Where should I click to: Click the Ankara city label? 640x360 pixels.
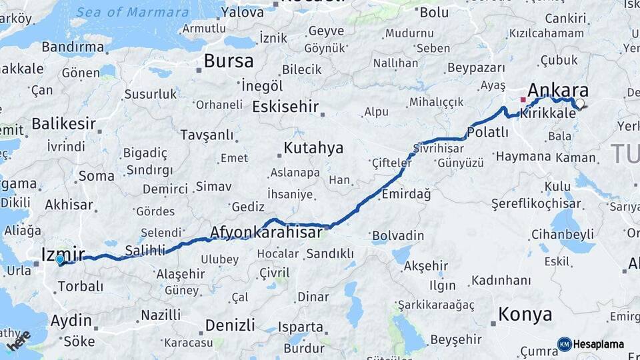pos(558,90)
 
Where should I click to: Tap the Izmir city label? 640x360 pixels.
pos(63,253)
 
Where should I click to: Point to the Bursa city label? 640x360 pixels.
pos(229,61)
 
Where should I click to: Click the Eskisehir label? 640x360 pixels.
pos(285,107)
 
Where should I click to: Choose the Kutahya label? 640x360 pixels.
pos(313,147)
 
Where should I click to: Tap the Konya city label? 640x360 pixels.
pos(525,314)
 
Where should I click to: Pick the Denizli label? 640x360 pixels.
pos(230,325)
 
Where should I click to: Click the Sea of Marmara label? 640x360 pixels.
pos(132,12)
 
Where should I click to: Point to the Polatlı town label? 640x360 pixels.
pos(488,133)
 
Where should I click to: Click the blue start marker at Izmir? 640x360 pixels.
pos(60,259)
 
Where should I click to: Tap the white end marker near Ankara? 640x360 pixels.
pos(580,103)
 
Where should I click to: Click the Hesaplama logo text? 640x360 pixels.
pos(599,344)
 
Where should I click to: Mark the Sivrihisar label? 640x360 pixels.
pos(438,147)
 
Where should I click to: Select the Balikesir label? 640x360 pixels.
pos(64,123)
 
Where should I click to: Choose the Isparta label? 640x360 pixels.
pos(301,327)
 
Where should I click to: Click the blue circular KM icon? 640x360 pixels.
pos(564,344)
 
